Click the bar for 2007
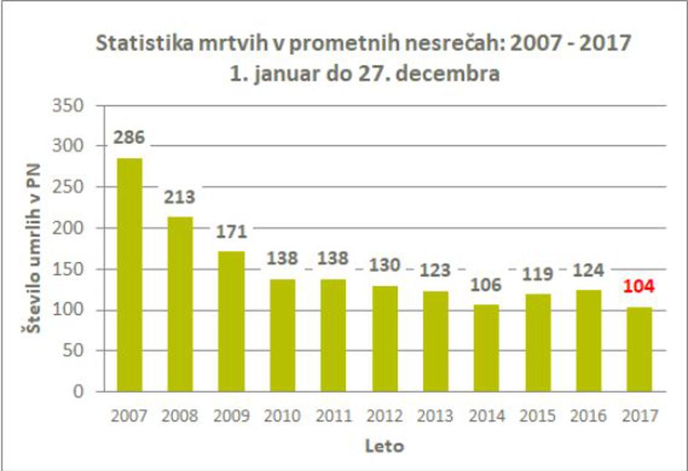130,274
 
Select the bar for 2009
231,321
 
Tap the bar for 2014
486,347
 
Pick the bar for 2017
638,349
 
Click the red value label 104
638,286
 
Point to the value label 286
130,137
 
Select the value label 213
180,197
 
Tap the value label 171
231,232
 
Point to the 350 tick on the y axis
78,106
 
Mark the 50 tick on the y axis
83,351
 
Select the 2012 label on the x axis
384,416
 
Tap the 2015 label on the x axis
537,416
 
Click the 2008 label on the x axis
180,416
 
